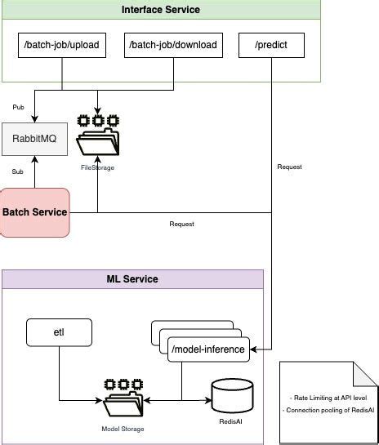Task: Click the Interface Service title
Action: (160, 10)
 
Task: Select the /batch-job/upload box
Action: (62, 45)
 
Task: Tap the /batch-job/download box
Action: (173, 45)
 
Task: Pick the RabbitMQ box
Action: (33, 139)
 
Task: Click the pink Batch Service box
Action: (34, 212)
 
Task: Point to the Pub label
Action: (18, 107)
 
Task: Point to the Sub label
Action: (17, 172)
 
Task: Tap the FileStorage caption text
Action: (97, 167)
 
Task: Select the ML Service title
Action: (132, 279)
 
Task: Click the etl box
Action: (59, 332)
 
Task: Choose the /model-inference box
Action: (207, 349)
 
